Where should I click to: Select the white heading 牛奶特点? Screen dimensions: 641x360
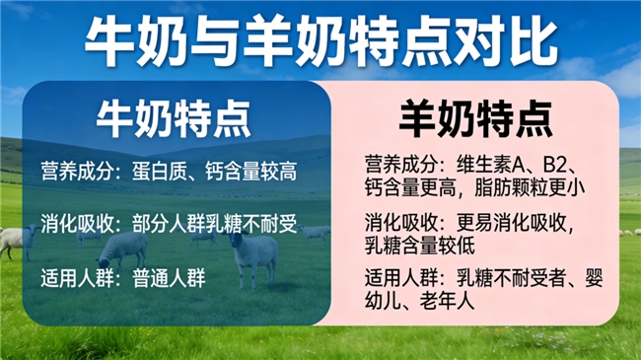click(x=174, y=119)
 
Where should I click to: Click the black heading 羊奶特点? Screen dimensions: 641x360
click(x=476, y=119)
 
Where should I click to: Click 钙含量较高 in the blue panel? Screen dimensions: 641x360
click(x=251, y=172)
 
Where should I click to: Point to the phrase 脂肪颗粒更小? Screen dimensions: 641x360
click(x=530, y=188)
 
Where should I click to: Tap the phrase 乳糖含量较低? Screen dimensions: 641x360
click(x=420, y=247)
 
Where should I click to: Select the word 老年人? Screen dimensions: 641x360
click(x=448, y=302)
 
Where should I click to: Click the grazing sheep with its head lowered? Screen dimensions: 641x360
click(x=122, y=251)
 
